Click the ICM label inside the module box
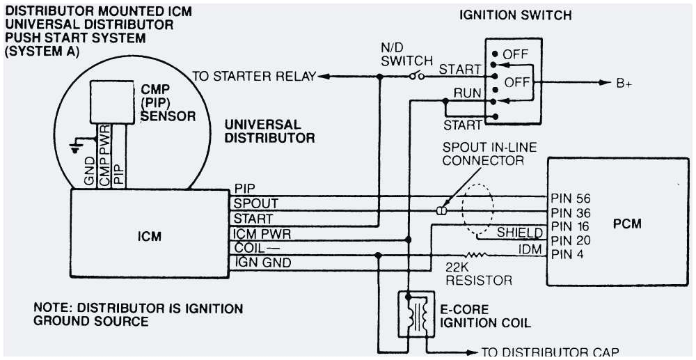pos(149,236)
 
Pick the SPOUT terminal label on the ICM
pos(256,204)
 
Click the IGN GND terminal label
pos(263,263)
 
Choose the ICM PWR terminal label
pos(262,234)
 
